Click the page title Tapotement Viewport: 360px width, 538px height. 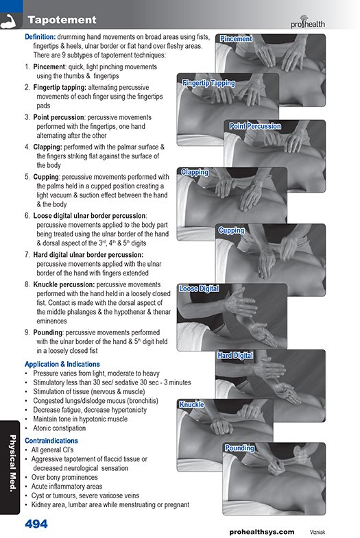point(62,20)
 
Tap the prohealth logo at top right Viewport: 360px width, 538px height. point(307,22)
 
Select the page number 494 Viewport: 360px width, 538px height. point(36,524)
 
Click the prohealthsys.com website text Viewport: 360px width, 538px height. point(262,532)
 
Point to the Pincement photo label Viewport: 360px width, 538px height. point(236,39)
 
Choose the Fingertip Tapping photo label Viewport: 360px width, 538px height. point(208,83)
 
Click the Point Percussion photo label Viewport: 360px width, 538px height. point(255,126)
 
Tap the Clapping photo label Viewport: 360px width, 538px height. point(195,172)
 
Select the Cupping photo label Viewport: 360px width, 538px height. point(231,230)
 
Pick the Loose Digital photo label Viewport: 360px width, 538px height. point(199,289)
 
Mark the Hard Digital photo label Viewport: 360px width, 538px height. point(235,356)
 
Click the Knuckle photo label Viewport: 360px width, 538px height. point(191,404)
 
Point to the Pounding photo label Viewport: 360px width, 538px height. point(239,448)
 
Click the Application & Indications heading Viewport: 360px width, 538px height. point(62,364)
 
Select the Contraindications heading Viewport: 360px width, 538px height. point(51,441)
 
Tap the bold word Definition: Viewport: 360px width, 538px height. point(40,37)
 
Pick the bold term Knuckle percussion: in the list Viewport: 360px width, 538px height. point(64,284)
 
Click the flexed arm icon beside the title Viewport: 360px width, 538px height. point(11,21)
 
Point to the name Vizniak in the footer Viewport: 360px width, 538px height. point(317,532)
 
